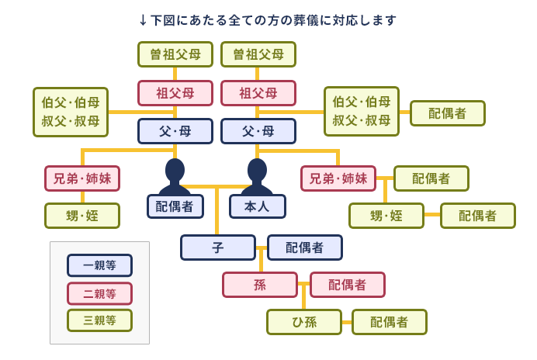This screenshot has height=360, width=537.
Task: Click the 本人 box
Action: pos(258,206)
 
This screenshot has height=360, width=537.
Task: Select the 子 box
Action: pos(218,247)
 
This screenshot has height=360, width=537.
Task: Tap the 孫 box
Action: pos(260,285)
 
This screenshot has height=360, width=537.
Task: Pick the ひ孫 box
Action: pos(304,322)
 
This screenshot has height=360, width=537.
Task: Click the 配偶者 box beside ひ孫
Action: pos(390,322)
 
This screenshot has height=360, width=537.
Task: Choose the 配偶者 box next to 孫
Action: pos(348,285)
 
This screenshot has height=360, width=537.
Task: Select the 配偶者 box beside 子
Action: pos(305,247)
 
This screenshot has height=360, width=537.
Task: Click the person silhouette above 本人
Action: pos(257,176)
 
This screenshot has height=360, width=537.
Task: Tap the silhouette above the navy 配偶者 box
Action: pos(175,176)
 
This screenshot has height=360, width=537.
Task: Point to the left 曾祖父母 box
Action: pos(175,54)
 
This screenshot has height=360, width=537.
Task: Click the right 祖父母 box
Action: pos(258,93)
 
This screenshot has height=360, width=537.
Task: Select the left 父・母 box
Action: pos(175,131)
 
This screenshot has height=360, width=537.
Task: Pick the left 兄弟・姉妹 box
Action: pos(82,178)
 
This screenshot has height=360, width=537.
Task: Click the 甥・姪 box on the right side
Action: pos(386,216)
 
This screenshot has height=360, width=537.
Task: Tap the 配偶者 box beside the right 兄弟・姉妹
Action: pos(431,178)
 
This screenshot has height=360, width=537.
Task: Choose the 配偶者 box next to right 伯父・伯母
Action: pos(448,113)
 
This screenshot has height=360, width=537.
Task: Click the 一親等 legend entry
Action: pos(99,265)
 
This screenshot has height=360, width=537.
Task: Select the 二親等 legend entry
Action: pos(99,293)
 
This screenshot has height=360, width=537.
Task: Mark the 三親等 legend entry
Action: pos(99,320)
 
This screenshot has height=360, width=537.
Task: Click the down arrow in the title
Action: pos(144,20)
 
